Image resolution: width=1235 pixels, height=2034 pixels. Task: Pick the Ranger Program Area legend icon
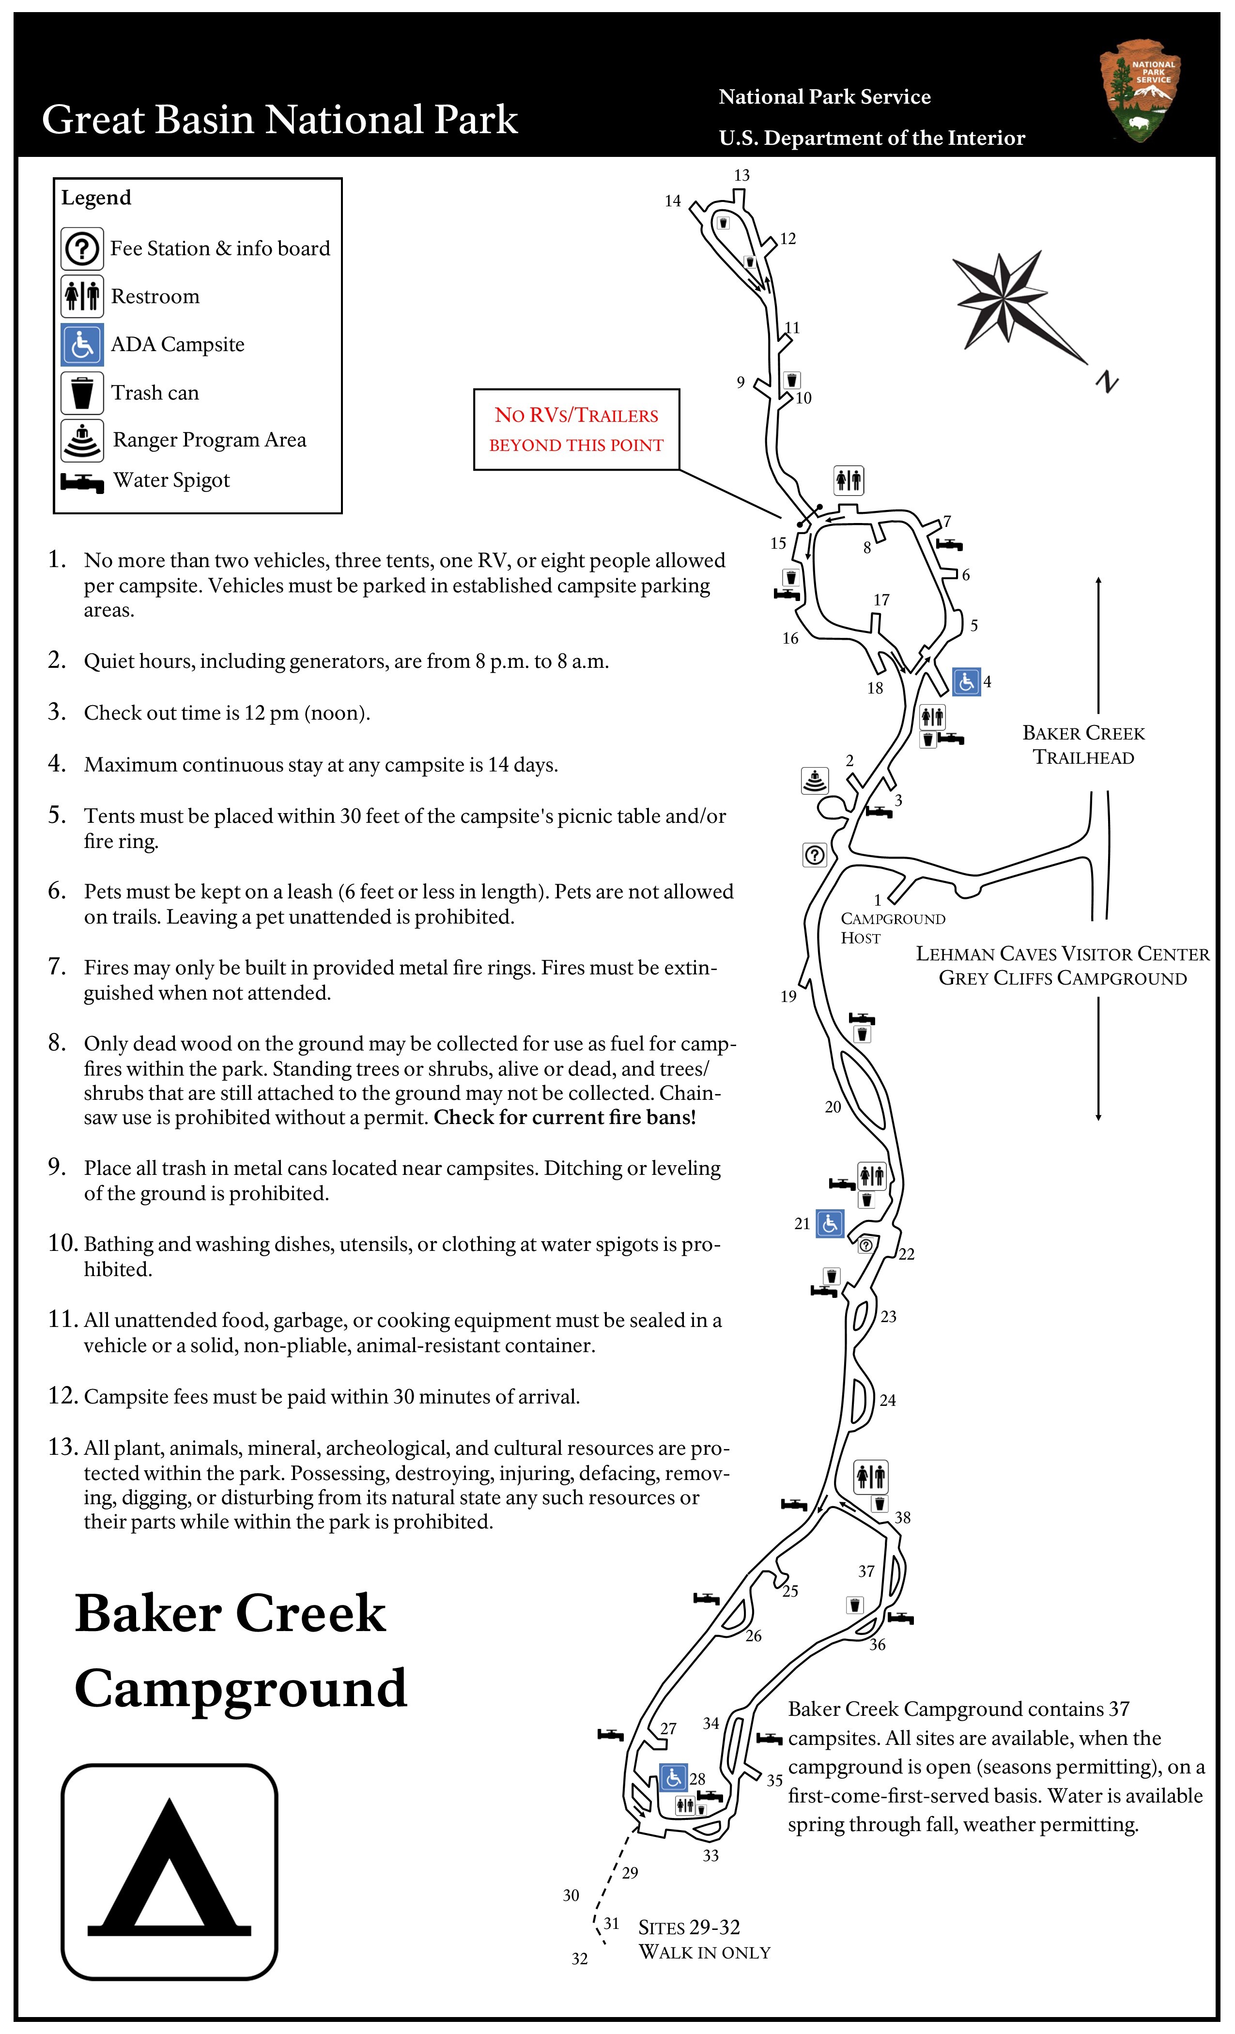[82, 440]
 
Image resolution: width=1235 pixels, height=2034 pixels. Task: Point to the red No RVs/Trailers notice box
[576, 429]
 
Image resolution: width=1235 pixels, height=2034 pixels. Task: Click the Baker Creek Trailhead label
[1083, 745]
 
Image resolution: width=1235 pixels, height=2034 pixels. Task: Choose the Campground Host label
[892, 928]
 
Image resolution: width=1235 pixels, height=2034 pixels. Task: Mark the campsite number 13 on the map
[741, 175]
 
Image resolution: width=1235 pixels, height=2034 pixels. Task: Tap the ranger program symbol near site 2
[815, 780]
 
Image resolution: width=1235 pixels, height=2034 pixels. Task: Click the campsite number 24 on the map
[887, 1400]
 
